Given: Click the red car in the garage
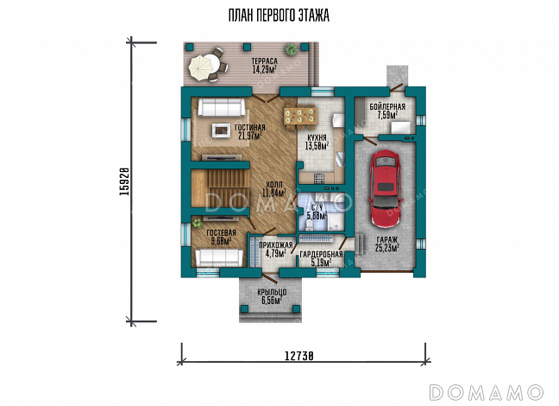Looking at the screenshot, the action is pos(386,188).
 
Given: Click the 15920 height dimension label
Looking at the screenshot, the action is pos(124,181).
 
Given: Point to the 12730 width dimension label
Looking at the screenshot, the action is pos(298,356).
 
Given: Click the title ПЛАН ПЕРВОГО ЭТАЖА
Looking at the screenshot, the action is pos(279,16).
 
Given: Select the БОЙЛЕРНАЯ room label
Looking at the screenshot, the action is pos(387,107).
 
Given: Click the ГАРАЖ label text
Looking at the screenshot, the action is pos(386,240).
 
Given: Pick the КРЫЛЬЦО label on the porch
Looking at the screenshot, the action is pos(272,293).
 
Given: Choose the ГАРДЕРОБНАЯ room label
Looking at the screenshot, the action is pos(321,255).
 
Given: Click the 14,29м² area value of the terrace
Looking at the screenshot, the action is pos(265,69).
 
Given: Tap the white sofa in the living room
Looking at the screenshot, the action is pos(221,107).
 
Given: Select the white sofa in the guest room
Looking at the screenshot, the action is pos(219,257).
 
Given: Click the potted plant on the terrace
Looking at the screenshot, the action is pos(292,49).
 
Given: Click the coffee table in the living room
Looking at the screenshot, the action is pos(222,130).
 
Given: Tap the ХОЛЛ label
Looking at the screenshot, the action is pos(274,185).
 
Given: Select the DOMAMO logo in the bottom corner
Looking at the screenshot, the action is pos(487,392).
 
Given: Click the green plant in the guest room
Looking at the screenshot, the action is pos(197,224).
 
